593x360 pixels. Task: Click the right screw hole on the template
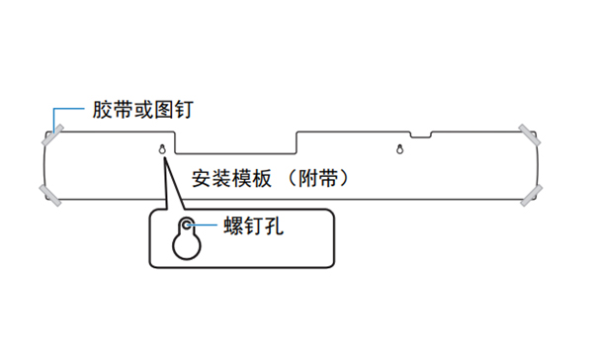(x=398, y=150)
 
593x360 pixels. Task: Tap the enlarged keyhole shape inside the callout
(x=183, y=239)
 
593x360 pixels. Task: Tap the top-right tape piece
(x=529, y=133)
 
